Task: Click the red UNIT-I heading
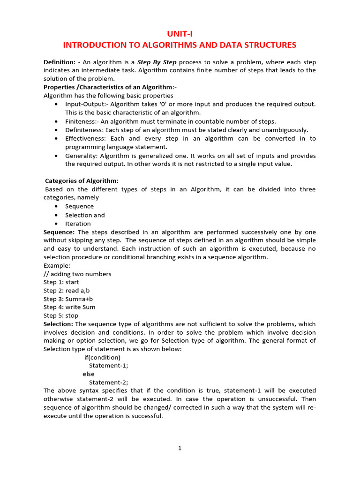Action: [x=180, y=33]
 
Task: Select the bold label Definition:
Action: [x=60, y=62]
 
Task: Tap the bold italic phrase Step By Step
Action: [x=157, y=62]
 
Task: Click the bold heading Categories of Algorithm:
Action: [x=82, y=181]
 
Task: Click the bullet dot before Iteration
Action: [x=57, y=224]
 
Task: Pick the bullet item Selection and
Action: [x=85, y=215]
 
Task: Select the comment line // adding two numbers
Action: [x=77, y=274]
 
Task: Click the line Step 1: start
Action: [x=61, y=282]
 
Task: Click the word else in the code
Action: [x=89, y=374]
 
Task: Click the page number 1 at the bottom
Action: [x=180, y=448]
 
